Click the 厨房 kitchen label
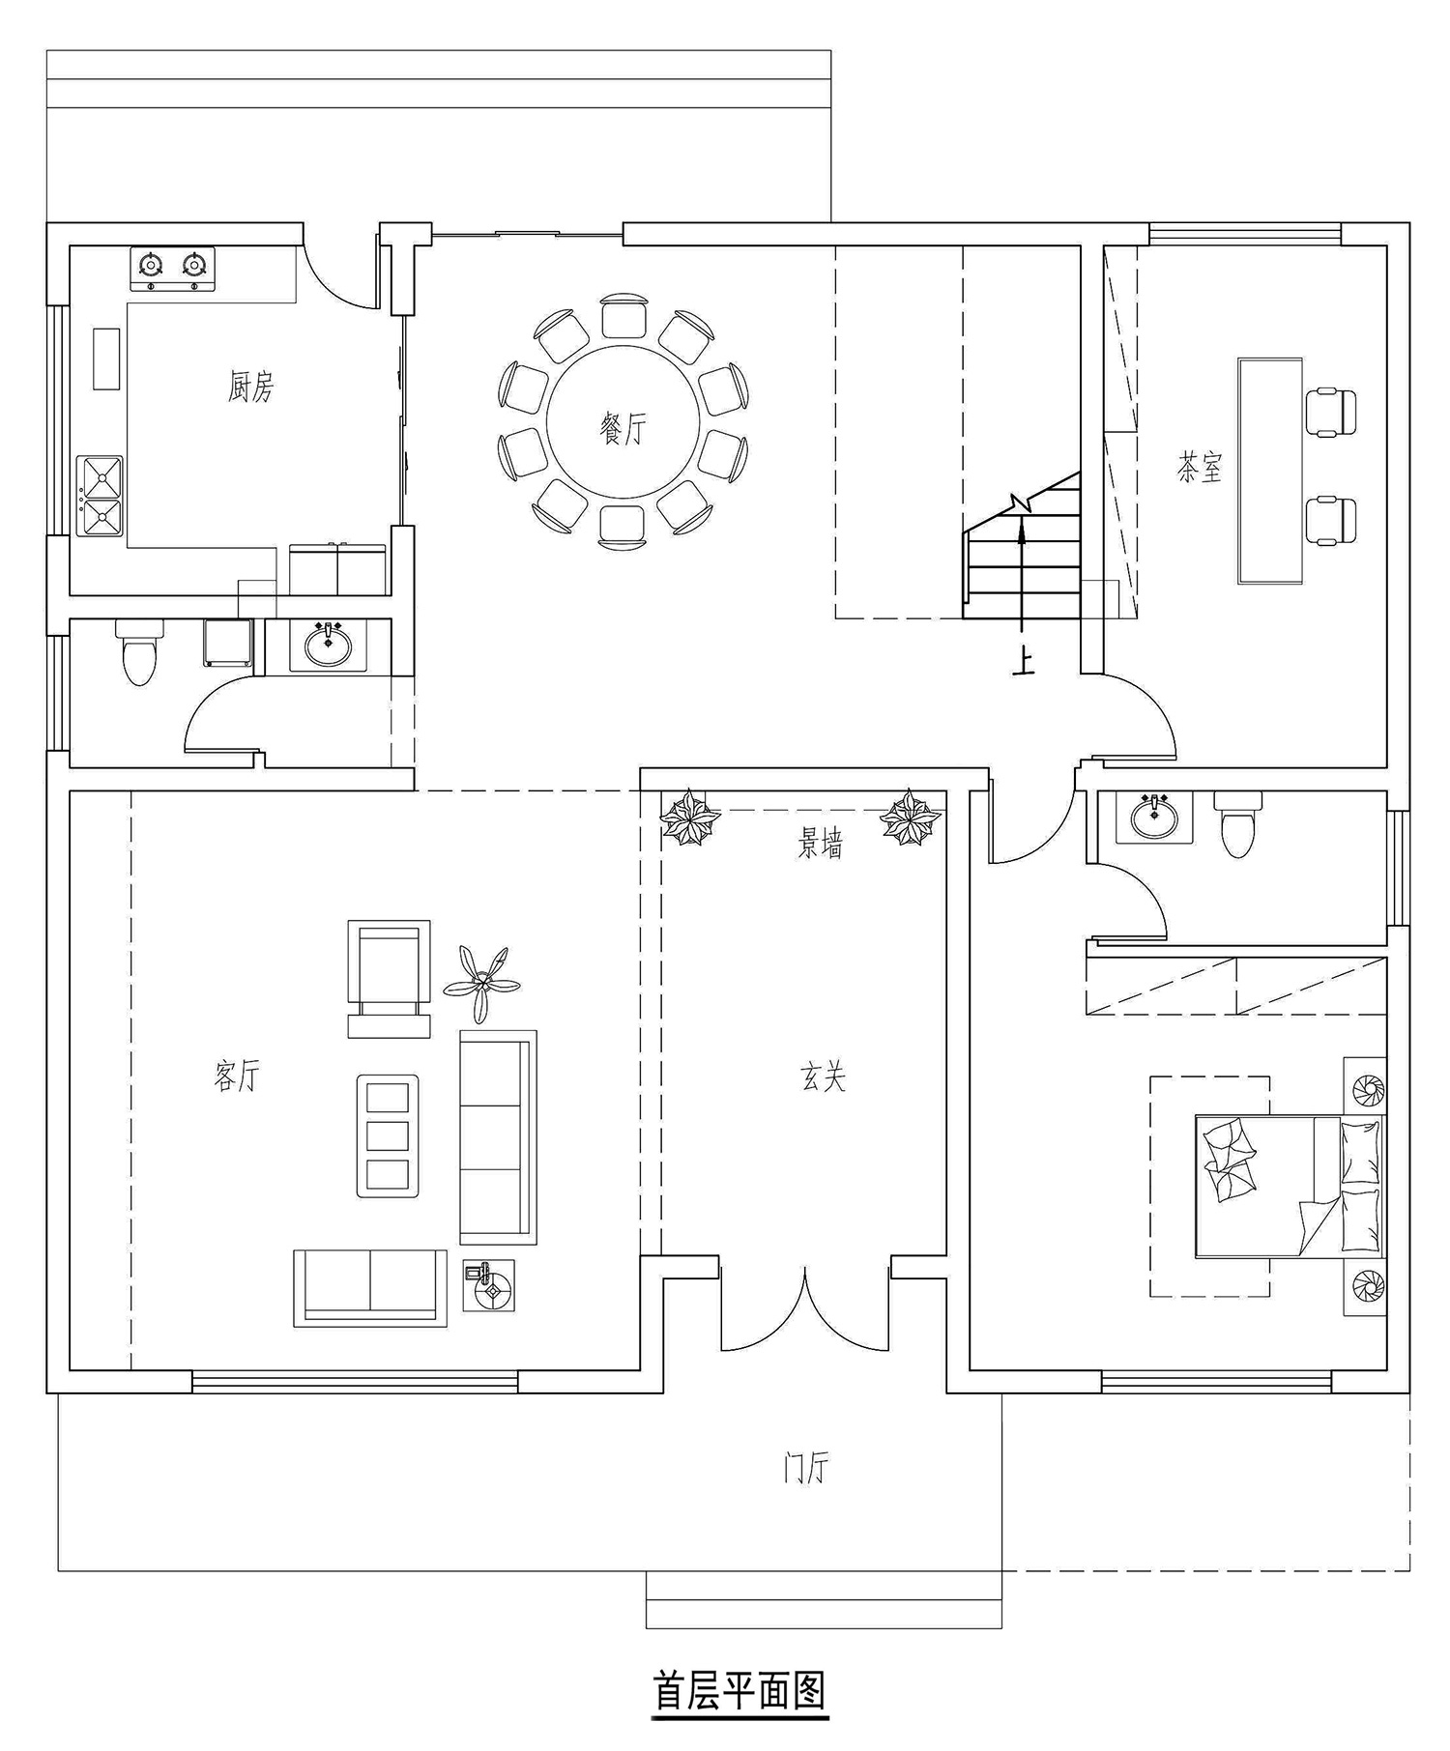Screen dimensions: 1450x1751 250,388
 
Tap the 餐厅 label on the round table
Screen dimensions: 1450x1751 623,428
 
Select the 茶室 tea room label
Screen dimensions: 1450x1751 1200,468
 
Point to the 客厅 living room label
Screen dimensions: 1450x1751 237,1075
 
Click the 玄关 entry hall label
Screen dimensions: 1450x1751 824,1076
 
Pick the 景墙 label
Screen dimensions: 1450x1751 820,845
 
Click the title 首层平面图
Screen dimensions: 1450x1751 739,1691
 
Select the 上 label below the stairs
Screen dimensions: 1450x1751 1022,661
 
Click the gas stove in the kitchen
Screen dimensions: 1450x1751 172,270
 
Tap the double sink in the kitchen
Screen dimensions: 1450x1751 100,496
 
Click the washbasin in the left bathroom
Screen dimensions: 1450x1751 328,645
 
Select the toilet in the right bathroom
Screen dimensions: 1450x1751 1237,824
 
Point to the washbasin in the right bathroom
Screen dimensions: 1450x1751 1153,818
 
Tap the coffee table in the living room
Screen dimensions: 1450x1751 388,1135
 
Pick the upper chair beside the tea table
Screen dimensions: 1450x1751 1331,412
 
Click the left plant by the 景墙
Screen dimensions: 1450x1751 690,817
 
